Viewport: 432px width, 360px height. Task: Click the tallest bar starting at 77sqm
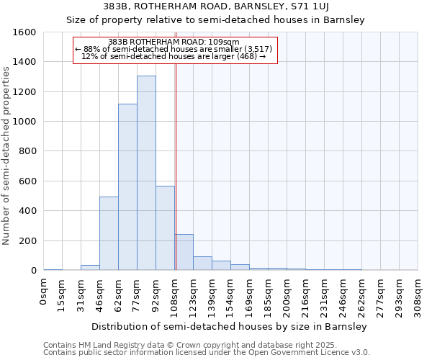(x=146, y=173)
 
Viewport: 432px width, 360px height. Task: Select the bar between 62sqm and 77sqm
(x=127, y=187)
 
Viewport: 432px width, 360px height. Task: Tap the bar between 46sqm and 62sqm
(x=109, y=233)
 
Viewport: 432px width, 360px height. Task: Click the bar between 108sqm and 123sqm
(x=184, y=252)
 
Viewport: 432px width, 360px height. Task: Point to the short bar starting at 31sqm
(x=90, y=267)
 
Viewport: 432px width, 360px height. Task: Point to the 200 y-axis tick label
(x=29, y=240)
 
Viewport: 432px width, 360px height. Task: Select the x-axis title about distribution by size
(x=230, y=326)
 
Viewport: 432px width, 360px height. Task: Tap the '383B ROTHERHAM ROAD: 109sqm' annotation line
(x=175, y=42)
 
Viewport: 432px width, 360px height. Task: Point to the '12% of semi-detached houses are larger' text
(x=175, y=56)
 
